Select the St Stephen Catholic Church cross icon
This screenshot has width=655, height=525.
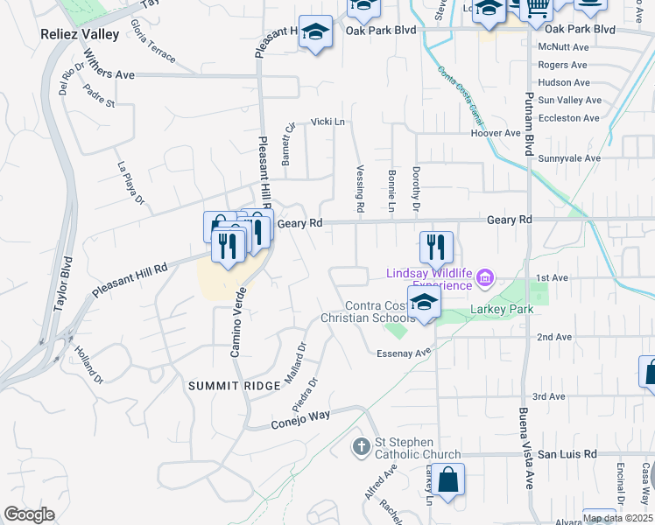coord(361,448)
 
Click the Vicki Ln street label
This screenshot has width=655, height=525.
coord(323,123)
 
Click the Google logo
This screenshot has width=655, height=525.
coord(29,514)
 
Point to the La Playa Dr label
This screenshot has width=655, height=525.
coord(131,183)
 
